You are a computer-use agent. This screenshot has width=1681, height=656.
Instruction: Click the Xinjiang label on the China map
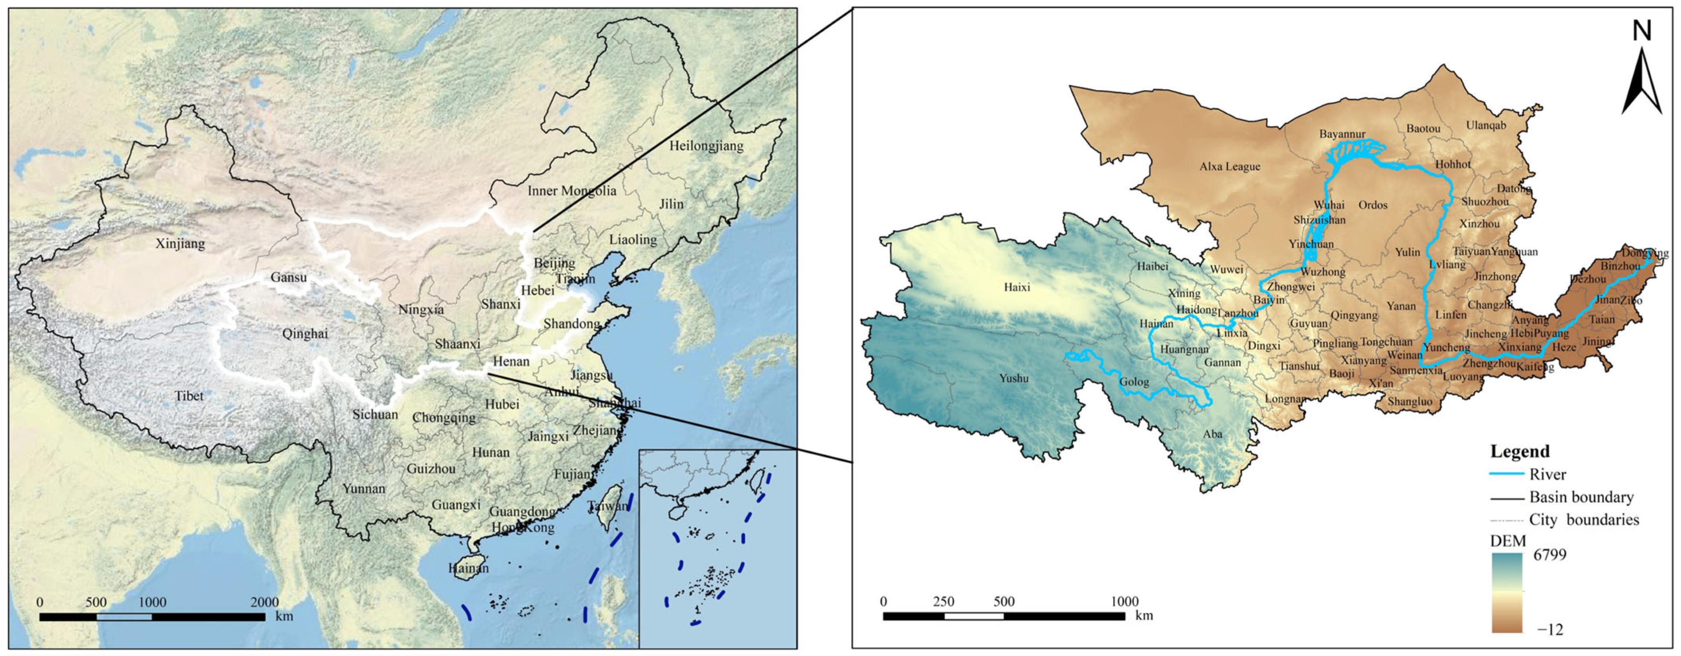[180, 244]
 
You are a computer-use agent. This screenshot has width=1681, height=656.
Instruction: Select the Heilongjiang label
[706, 145]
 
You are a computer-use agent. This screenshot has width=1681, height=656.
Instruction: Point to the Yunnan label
[364, 489]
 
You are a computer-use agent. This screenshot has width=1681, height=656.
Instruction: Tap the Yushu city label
[1014, 378]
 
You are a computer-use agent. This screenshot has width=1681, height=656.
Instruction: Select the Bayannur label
[1342, 134]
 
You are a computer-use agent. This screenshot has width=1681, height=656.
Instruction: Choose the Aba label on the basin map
[1213, 434]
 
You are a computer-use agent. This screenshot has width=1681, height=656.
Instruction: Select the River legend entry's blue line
[1507, 474]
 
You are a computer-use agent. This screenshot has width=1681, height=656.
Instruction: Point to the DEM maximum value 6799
[1550, 555]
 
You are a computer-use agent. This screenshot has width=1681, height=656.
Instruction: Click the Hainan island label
[468, 568]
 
